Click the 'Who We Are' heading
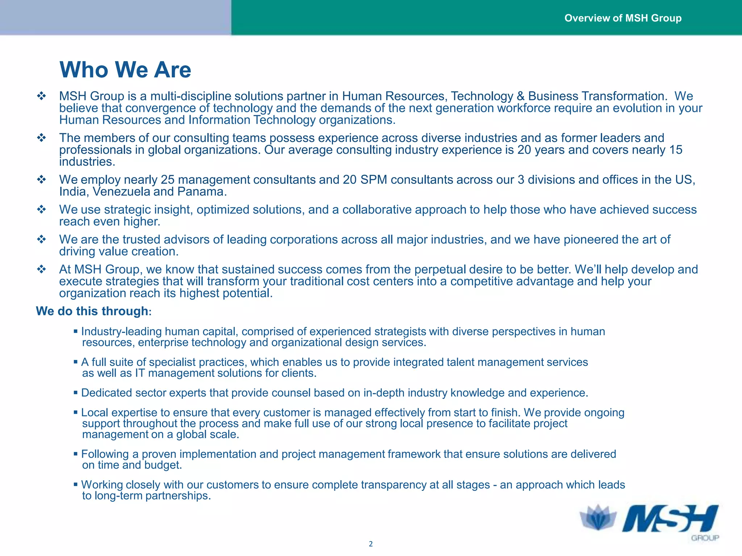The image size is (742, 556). tap(125, 69)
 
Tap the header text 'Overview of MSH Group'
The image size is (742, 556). tap(623, 18)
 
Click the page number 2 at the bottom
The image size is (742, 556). tap(371, 544)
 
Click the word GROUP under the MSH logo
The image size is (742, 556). tap(705, 538)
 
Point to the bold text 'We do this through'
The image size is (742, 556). tap(92, 311)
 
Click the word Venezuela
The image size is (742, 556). tap(121, 191)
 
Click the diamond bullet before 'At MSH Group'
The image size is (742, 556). tap(42, 269)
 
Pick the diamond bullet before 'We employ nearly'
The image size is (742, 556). tap(42, 180)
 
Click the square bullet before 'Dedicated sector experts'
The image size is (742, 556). tap(75, 393)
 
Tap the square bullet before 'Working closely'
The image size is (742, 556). tap(75, 484)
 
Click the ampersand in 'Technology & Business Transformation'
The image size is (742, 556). tap(521, 96)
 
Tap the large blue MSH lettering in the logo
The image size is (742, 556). tap(670, 519)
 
